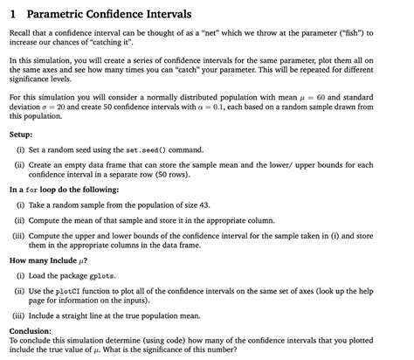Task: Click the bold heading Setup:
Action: click(x=21, y=136)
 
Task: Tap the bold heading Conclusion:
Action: click(x=30, y=331)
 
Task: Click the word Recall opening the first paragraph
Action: click(x=22, y=33)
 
